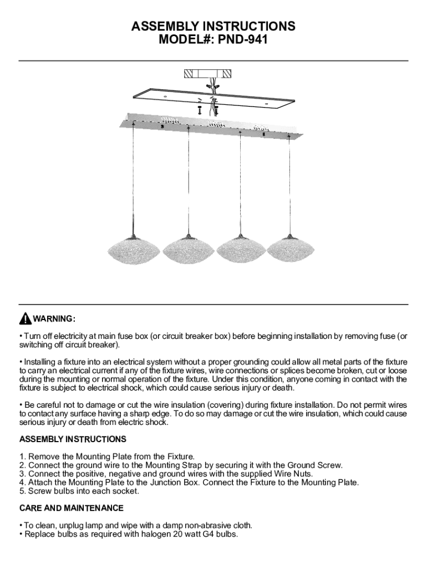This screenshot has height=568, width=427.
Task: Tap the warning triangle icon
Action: click(x=25, y=319)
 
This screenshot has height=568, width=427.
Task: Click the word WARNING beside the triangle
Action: click(x=54, y=319)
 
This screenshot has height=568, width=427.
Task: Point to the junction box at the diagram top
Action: click(x=207, y=74)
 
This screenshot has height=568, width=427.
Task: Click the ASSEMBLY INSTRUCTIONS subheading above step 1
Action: click(x=73, y=439)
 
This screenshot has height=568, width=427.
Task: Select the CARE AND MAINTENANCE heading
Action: click(x=72, y=508)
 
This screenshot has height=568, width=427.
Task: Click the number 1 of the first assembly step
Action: click(x=22, y=457)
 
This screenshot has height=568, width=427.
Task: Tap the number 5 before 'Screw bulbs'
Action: click(x=22, y=491)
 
